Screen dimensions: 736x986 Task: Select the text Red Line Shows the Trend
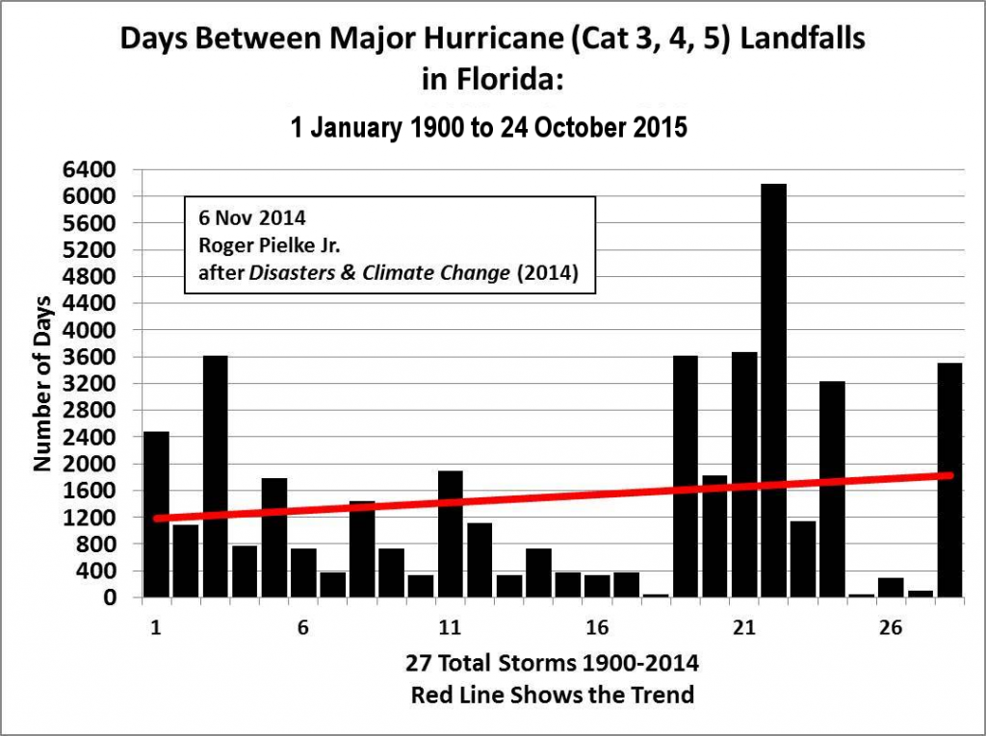[x=552, y=694]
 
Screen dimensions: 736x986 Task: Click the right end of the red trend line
[x=950, y=475]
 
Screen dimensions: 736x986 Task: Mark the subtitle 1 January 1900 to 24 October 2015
[x=489, y=127]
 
